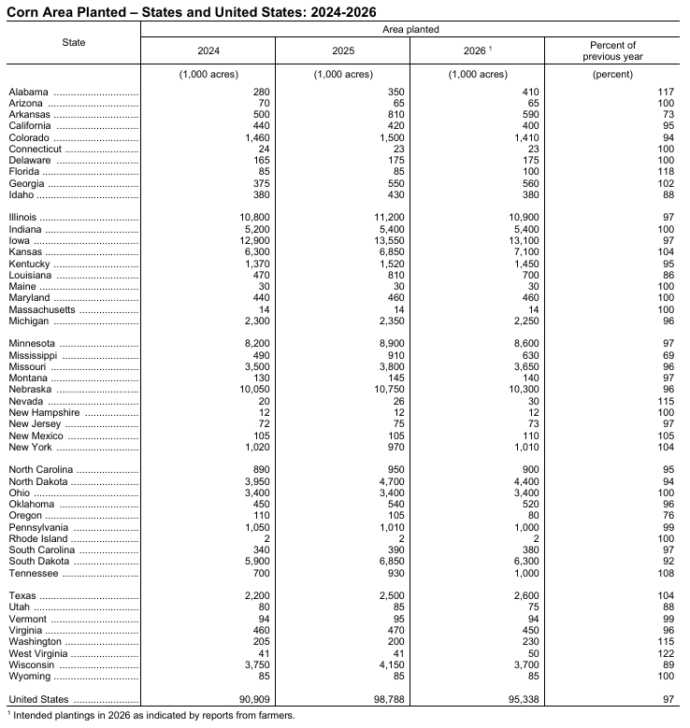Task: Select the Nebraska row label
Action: pyautogui.click(x=31, y=390)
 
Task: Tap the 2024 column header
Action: pyautogui.click(x=208, y=50)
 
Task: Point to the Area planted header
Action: pyautogui.click(x=410, y=30)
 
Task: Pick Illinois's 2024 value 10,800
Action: pyautogui.click(x=252, y=218)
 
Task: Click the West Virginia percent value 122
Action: pyautogui.click(x=665, y=653)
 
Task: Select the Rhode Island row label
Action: pyautogui.click(x=38, y=539)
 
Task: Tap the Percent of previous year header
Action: pyautogui.click(x=613, y=50)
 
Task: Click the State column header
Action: pyautogui.click(x=74, y=43)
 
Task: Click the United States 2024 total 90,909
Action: pyautogui.click(x=251, y=699)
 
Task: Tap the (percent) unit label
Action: pyautogui.click(x=613, y=74)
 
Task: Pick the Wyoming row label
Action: pyautogui.click(x=28, y=676)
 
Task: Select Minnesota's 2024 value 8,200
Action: pyautogui.click(x=255, y=344)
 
